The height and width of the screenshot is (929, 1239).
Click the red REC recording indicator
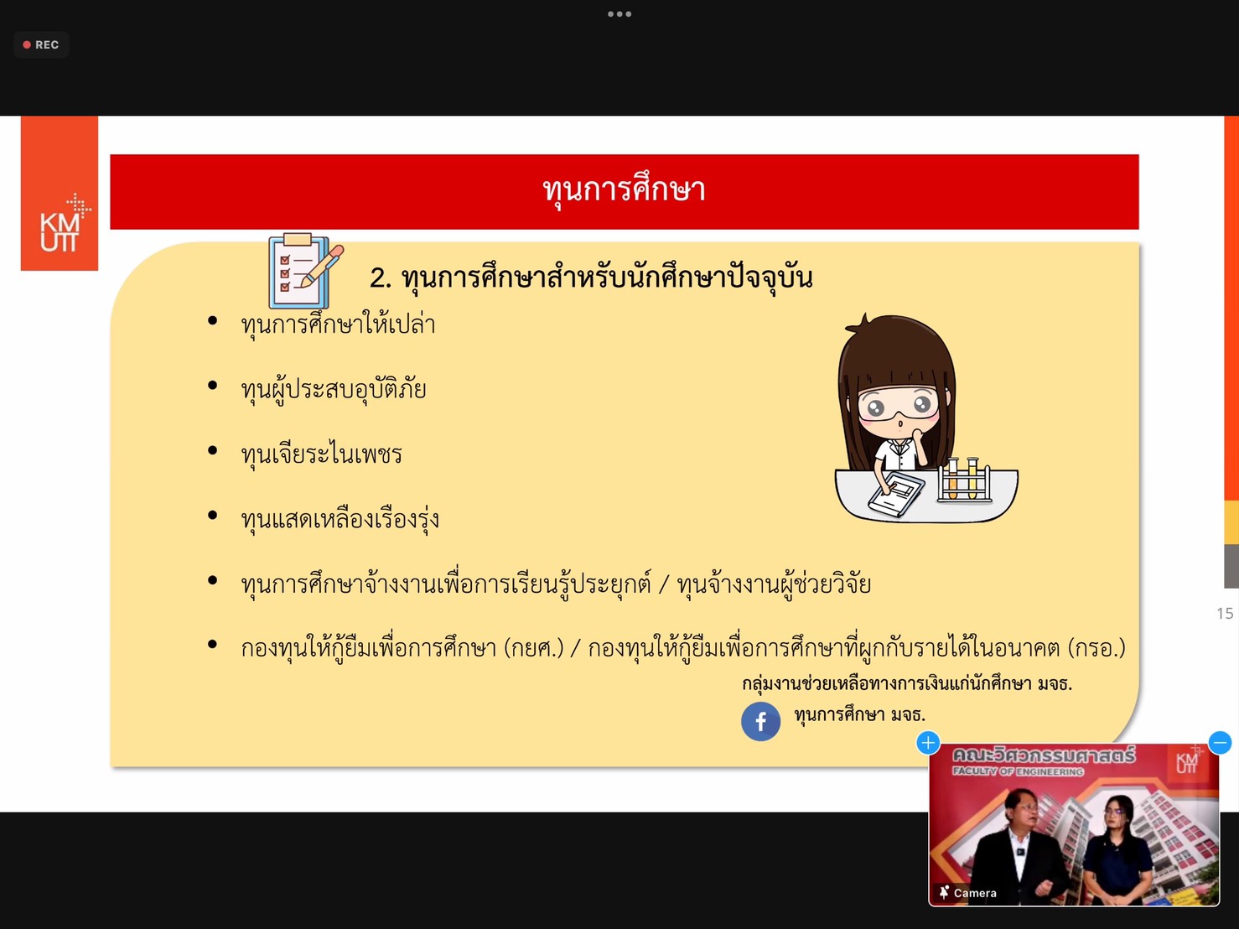coord(40,44)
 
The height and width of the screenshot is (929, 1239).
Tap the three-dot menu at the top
coord(619,14)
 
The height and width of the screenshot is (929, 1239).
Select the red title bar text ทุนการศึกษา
coord(624,191)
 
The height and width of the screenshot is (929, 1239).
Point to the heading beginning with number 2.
coord(591,278)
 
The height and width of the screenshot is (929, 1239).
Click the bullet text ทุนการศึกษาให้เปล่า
coord(338,324)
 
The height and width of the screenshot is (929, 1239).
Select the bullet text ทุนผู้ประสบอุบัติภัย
coord(334,389)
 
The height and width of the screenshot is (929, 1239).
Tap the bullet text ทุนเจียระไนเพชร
coord(321,454)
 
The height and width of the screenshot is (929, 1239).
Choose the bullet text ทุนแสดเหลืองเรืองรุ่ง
coord(340,519)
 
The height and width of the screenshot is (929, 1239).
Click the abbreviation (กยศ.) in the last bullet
coord(533,648)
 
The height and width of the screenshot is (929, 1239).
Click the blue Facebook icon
coord(760,721)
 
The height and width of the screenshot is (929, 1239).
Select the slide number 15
coord(1225,614)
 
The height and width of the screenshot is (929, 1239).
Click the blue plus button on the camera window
coord(928,743)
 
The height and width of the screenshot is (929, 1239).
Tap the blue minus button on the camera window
coord(1220,742)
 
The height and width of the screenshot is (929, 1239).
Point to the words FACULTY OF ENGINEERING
coord(1018,771)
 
